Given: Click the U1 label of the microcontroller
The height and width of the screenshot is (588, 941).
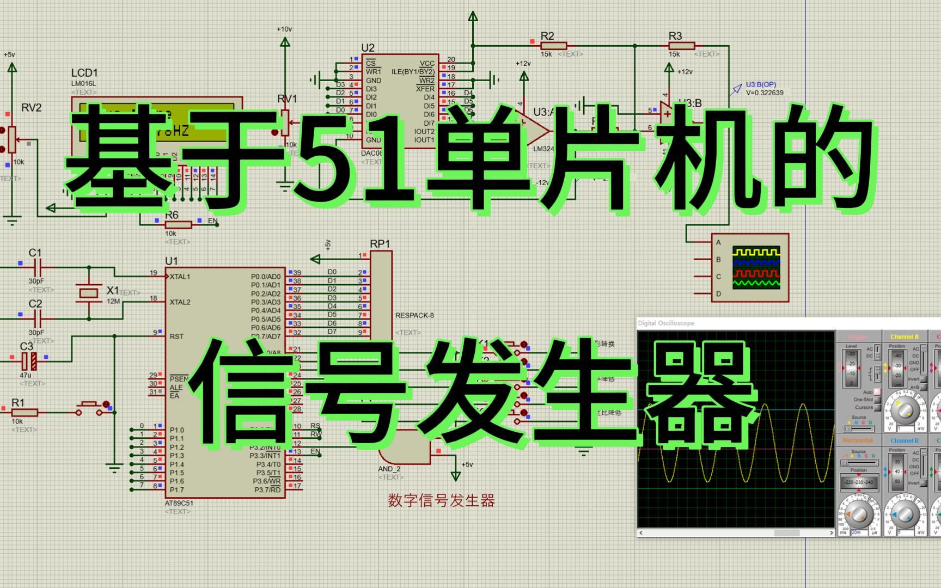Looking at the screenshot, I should click(172, 261).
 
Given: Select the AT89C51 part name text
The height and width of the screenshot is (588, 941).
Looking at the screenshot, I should click(179, 503).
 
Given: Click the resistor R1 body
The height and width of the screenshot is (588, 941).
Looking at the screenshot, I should click(24, 412).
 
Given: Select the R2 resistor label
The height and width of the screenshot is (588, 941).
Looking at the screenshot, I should click(547, 36).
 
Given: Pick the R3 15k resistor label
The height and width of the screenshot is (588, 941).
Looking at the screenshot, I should click(675, 36).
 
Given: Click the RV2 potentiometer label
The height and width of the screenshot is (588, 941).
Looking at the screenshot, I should click(31, 108).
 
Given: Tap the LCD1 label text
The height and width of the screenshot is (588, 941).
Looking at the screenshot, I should click(84, 73).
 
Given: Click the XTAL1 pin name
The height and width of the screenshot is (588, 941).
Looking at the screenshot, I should click(180, 277).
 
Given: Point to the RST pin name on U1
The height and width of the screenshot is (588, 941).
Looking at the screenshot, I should click(176, 336).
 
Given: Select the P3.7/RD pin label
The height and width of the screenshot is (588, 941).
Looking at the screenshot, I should click(268, 490).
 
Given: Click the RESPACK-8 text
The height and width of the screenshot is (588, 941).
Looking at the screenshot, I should click(414, 315).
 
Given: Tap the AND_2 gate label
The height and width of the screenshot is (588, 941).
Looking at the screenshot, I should click(389, 469).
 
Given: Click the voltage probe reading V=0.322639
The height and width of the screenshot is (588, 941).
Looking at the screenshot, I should click(765, 93).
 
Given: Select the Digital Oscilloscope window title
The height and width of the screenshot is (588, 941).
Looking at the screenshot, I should click(666, 323).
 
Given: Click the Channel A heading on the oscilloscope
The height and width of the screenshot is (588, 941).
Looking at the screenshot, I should click(904, 337).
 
